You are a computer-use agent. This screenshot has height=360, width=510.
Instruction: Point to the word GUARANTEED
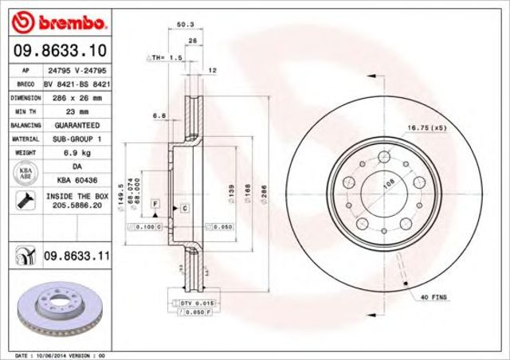tap(76, 126)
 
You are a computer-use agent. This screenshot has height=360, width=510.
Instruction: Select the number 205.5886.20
tap(76, 205)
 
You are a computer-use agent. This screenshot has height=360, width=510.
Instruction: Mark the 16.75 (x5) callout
tap(426, 127)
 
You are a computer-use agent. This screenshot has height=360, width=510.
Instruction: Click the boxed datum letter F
tap(155, 205)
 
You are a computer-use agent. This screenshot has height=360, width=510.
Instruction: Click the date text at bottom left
tap(60, 354)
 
